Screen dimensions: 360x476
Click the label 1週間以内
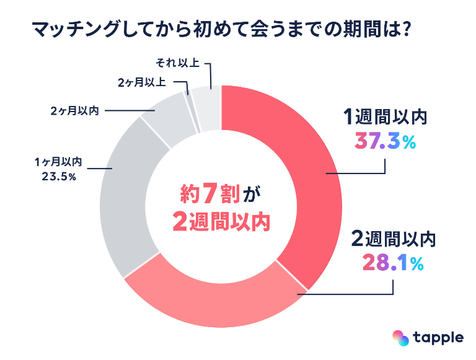point(386,117)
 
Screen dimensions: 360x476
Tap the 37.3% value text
point(385,142)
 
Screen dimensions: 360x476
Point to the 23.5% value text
point(56,177)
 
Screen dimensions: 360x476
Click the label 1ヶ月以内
point(56,162)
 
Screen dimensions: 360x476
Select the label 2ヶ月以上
point(141,82)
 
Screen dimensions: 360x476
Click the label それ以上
point(175,63)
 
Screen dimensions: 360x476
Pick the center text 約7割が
point(221,194)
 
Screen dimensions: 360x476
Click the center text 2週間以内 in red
point(221,221)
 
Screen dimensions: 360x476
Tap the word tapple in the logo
point(439,338)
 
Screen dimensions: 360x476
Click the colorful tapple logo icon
point(402,338)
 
